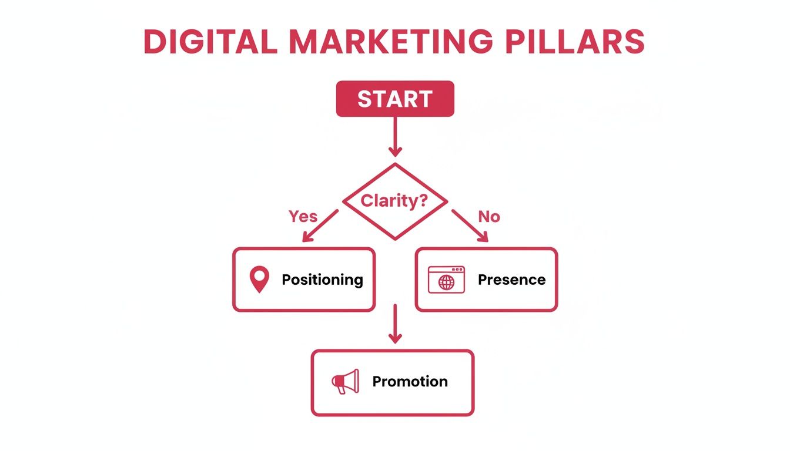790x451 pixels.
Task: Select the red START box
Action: click(x=394, y=99)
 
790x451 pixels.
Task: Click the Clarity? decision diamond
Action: click(x=394, y=201)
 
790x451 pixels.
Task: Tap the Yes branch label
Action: click(x=303, y=217)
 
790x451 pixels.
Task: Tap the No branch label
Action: click(x=488, y=217)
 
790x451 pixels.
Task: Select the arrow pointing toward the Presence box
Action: click(x=470, y=226)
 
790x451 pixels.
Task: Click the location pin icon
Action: click(x=259, y=279)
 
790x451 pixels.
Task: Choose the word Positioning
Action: click(x=322, y=280)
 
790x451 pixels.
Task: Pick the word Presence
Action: click(x=511, y=280)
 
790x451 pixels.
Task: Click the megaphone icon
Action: click(x=345, y=382)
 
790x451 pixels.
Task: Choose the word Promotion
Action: click(x=410, y=382)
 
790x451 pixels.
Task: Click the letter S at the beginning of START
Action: click(x=364, y=99)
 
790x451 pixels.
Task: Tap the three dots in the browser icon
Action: click(x=457, y=270)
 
